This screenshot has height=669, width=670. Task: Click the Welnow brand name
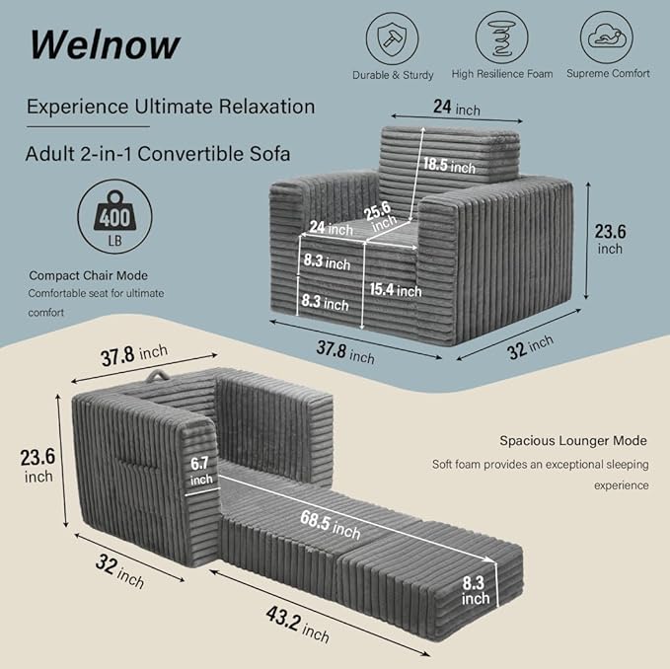tap(105, 44)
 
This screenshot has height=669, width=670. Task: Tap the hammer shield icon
tap(392, 38)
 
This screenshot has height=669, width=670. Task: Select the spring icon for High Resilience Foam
tap(501, 37)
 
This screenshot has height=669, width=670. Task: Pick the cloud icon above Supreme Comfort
tap(606, 37)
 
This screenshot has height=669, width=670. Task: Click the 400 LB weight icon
tap(114, 216)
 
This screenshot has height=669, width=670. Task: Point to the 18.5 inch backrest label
tap(449, 165)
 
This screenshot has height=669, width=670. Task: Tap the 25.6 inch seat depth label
tap(380, 216)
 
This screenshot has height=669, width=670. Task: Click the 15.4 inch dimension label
tap(396, 290)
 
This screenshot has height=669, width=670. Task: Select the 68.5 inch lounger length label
tap(330, 525)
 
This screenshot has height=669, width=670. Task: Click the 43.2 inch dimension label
tap(298, 625)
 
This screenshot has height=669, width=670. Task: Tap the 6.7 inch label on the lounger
tap(201, 471)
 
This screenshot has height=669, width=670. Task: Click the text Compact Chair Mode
tap(89, 275)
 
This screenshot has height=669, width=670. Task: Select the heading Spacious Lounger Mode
tap(573, 440)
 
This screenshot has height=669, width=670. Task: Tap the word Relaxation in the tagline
tap(266, 107)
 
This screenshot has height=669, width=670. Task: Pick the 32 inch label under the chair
tap(530, 347)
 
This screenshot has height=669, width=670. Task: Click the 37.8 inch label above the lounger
tap(134, 355)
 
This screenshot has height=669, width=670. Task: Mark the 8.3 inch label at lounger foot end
tap(475, 590)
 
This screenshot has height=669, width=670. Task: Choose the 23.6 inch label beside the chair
tap(610, 239)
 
